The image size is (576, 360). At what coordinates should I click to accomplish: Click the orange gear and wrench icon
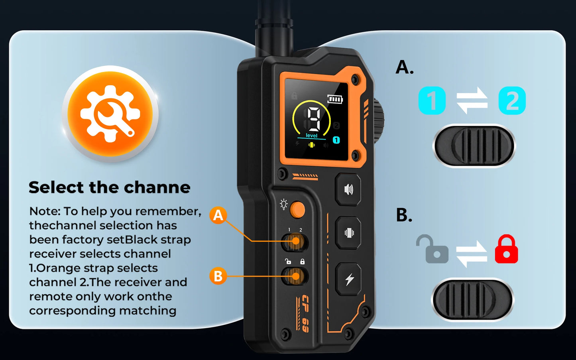click(x=110, y=113)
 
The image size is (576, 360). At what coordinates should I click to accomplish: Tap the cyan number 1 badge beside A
click(x=432, y=100)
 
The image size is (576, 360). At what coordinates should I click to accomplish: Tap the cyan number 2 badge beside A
click(x=512, y=100)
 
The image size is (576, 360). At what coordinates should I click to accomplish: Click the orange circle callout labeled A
click(x=218, y=215)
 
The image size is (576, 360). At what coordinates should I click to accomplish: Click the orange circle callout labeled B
click(x=218, y=276)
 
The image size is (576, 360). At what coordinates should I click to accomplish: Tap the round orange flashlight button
click(x=297, y=210)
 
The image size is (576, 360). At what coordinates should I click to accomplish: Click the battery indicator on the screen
click(x=334, y=99)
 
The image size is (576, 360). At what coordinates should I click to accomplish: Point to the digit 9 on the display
click(x=314, y=118)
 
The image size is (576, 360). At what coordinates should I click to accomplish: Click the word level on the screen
click(x=311, y=136)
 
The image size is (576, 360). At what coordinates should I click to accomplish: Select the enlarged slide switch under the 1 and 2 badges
click(x=474, y=146)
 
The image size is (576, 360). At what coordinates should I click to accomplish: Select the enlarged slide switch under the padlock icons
click(x=472, y=299)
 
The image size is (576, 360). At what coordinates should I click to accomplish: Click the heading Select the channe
click(x=110, y=187)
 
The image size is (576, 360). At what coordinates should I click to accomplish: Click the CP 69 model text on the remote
click(x=304, y=313)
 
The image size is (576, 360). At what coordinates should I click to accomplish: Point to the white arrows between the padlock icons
click(x=472, y=254)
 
